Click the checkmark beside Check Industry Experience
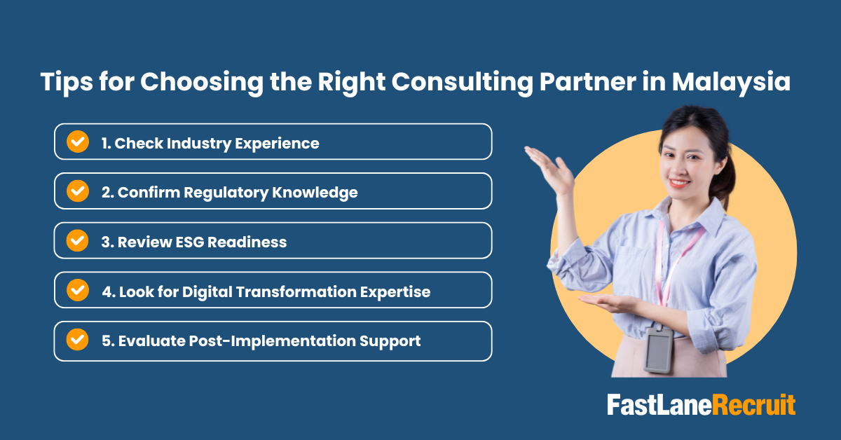[77, 142]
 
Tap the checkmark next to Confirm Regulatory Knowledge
[77, 191]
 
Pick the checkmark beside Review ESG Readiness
[77, 241]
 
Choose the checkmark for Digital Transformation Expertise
[77, 291]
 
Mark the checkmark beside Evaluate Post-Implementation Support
[77, 341]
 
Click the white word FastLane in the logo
[659, 406]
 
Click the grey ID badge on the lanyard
[657, 350]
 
